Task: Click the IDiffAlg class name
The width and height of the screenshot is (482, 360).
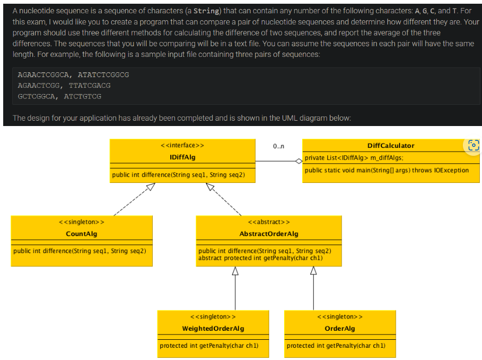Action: (182, 157)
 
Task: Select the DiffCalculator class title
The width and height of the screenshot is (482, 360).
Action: (390, 145)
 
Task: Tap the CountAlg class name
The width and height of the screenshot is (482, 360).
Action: (81, 234)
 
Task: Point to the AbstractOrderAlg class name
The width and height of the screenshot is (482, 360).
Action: (269, 234)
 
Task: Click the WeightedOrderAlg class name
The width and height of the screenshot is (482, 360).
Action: (213, 329)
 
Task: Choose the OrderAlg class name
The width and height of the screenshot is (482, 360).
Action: (339, 329)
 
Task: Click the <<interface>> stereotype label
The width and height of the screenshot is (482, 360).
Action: (182, 145)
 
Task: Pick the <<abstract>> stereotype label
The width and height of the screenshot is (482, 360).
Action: (269, 222)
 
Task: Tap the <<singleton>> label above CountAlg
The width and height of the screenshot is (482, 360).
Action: (81, 222)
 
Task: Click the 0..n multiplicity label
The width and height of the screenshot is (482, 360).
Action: (278, 145)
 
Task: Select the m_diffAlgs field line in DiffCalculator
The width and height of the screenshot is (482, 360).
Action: (354, 158)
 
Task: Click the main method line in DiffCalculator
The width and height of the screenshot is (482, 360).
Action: (387, 170)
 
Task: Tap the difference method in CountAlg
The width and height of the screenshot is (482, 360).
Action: (80, 251)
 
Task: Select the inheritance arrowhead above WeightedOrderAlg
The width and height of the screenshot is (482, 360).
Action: (235, 271)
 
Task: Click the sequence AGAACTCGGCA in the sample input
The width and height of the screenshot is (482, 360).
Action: (44, 75)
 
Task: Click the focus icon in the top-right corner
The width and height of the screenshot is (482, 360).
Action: (472, 145)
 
